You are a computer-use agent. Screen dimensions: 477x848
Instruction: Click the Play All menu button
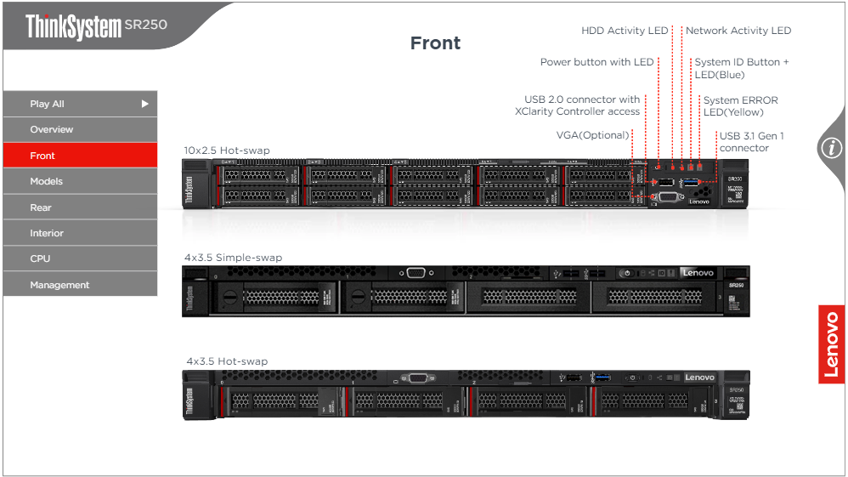tap(80, 104)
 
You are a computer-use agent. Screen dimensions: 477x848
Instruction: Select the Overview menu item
tap(80, 129)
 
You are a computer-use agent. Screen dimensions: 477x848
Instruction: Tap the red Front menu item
tap(80, 156)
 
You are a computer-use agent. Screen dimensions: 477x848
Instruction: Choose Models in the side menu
tap(80, 181)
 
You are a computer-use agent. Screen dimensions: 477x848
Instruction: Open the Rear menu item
tap(80, 207)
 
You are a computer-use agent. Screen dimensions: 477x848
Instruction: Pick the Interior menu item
tap(80, 233)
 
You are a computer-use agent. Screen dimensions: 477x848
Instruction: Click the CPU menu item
tap(80, 258)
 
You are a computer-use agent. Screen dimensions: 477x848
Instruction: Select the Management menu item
tap(80, 285)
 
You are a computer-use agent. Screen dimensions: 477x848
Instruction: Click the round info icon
tap(830, 148)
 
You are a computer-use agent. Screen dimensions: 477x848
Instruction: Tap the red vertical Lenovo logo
tap(832, 344)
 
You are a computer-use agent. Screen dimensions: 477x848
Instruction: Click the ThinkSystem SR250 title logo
tap(96, 26)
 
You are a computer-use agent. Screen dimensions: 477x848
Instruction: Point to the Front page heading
tap(435, 43)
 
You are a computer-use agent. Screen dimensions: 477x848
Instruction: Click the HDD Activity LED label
tap(625, 31)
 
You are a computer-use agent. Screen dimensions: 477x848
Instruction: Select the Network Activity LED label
tap(738, 31)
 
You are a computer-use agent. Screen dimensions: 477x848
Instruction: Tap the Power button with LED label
tap(597, 62)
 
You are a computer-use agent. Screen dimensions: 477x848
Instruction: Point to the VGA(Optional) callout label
tap(593, 135)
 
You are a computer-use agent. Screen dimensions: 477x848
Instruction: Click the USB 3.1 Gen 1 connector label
tap(751, 142)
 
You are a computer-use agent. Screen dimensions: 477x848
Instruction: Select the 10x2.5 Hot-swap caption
tap(227, 150)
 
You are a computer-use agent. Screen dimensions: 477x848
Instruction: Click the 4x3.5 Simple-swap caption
tap(233, 258)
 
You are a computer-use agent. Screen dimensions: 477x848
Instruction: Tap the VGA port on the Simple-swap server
tap(416, 273)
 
